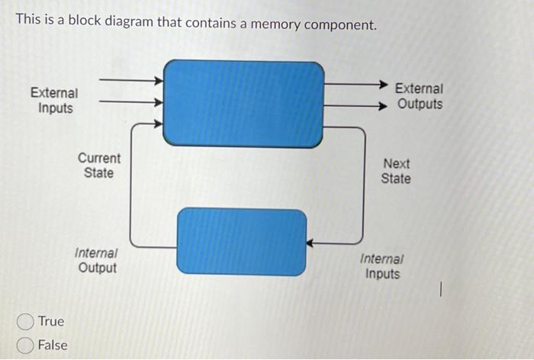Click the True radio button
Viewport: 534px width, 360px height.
tap(26, 321)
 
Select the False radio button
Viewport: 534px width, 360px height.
tap(26, 346)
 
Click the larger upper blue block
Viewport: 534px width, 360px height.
tap(243, 103)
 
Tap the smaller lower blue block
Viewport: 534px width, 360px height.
tap(242, 241)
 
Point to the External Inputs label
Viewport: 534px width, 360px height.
tap(54, 100)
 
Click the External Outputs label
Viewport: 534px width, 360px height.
tap(419, 97)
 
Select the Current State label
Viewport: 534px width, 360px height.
tap(99, 166)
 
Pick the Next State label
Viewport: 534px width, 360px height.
tap(396, 171)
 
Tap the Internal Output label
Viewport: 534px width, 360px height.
tap(97, 260)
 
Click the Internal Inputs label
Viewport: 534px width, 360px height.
tap(382, 266)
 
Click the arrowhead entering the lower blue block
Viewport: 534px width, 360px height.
tap(311, 243)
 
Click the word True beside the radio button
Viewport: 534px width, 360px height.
tap(51, 321)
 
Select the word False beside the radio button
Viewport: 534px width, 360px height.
tap(53, 346)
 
